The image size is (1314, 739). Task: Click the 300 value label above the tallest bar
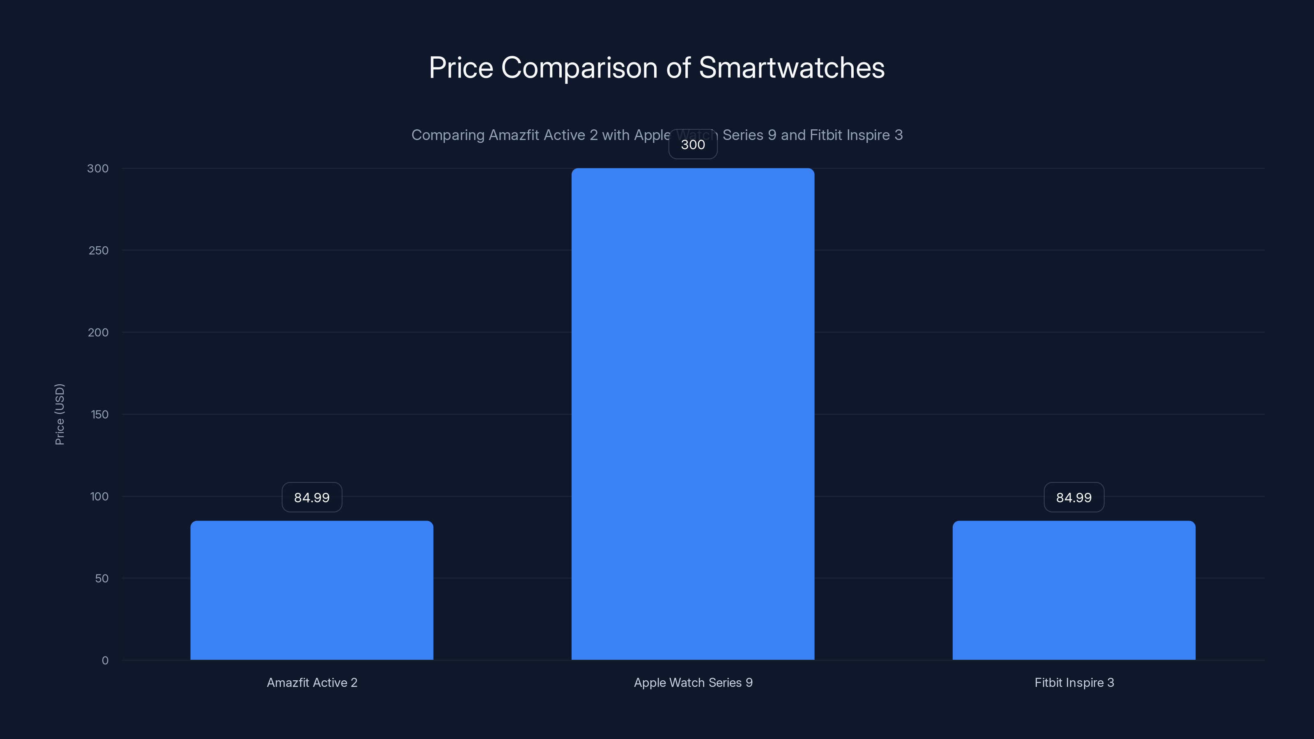693,145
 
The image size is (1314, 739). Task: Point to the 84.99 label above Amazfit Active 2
312,497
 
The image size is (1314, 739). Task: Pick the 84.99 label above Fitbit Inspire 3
1074,497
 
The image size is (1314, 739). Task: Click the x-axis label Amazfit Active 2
312,682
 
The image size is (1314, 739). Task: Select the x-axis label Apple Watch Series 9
693,682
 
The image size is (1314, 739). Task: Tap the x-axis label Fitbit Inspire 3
1074,682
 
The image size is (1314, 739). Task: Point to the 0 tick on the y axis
105,661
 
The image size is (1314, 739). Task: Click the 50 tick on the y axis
101,578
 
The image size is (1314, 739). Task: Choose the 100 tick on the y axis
99,496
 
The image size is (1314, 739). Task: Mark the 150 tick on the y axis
99,414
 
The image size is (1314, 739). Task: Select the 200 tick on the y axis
99,333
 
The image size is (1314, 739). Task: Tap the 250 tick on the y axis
99,250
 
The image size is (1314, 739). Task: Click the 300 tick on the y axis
98,168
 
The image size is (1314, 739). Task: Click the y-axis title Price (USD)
60,414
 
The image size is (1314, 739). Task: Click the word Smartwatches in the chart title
791,67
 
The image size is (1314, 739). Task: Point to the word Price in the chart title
461,67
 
